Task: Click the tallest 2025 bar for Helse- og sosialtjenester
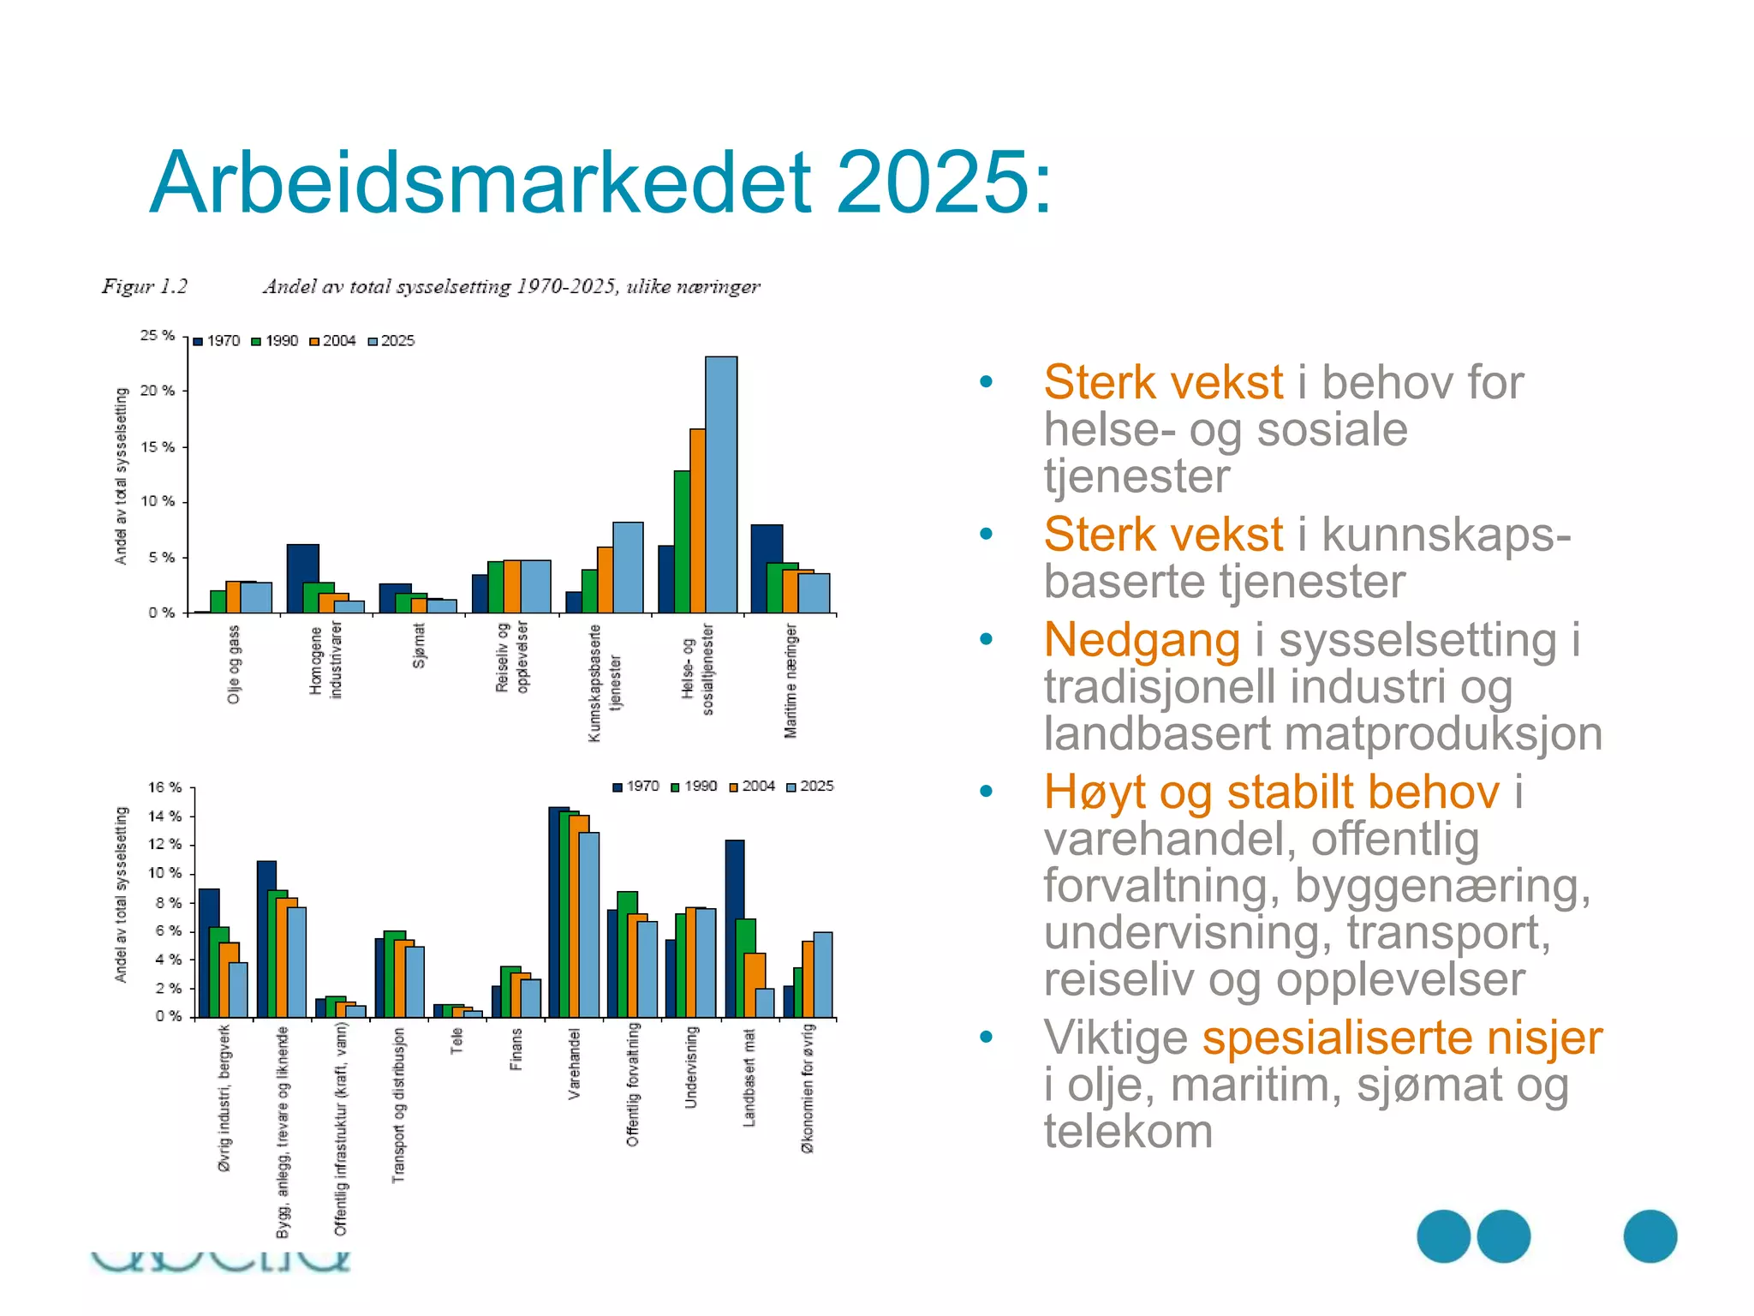coord(721,484)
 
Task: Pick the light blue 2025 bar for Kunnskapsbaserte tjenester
coord(628,567)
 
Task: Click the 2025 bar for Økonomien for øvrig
coord(823,974)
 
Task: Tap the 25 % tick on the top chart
coord(158,336)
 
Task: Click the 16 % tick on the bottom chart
coord(164,787)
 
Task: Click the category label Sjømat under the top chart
coord(419,645)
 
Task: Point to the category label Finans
coord(516,1050)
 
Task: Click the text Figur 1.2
coord(145,286)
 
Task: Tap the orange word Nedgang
coord(1141,640)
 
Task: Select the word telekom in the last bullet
coord(1128,1132)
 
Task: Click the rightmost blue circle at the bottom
coord(1650,1236)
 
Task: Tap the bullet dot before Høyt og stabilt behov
coord(987,791)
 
